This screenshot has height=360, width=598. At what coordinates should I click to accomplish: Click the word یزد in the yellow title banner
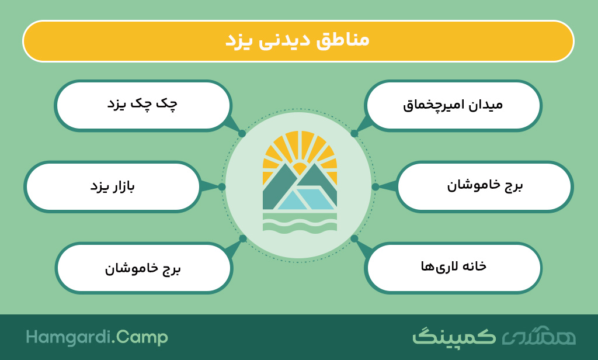(238, 40)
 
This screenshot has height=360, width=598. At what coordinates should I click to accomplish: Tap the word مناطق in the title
(343, 40)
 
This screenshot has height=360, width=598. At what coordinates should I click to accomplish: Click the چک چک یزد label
(142, 104)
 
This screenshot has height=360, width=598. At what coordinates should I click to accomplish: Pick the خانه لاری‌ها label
(453, 266)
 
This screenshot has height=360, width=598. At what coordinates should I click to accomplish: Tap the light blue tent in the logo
(305, 198)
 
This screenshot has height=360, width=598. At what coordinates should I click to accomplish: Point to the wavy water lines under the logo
(300, 222)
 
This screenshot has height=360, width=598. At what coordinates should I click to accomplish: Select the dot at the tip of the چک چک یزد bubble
(242, 134)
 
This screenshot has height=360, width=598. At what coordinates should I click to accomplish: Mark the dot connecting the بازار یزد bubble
(222, 186)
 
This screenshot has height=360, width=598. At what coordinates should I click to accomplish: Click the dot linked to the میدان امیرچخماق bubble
(354, 134)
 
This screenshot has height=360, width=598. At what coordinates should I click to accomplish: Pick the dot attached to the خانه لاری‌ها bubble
(354, 238)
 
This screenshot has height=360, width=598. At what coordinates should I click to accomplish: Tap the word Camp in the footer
(142, 338)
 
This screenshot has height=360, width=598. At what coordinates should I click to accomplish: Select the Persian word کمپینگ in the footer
(454, 337)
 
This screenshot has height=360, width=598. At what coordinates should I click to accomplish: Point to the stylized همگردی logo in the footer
(538, 336)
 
